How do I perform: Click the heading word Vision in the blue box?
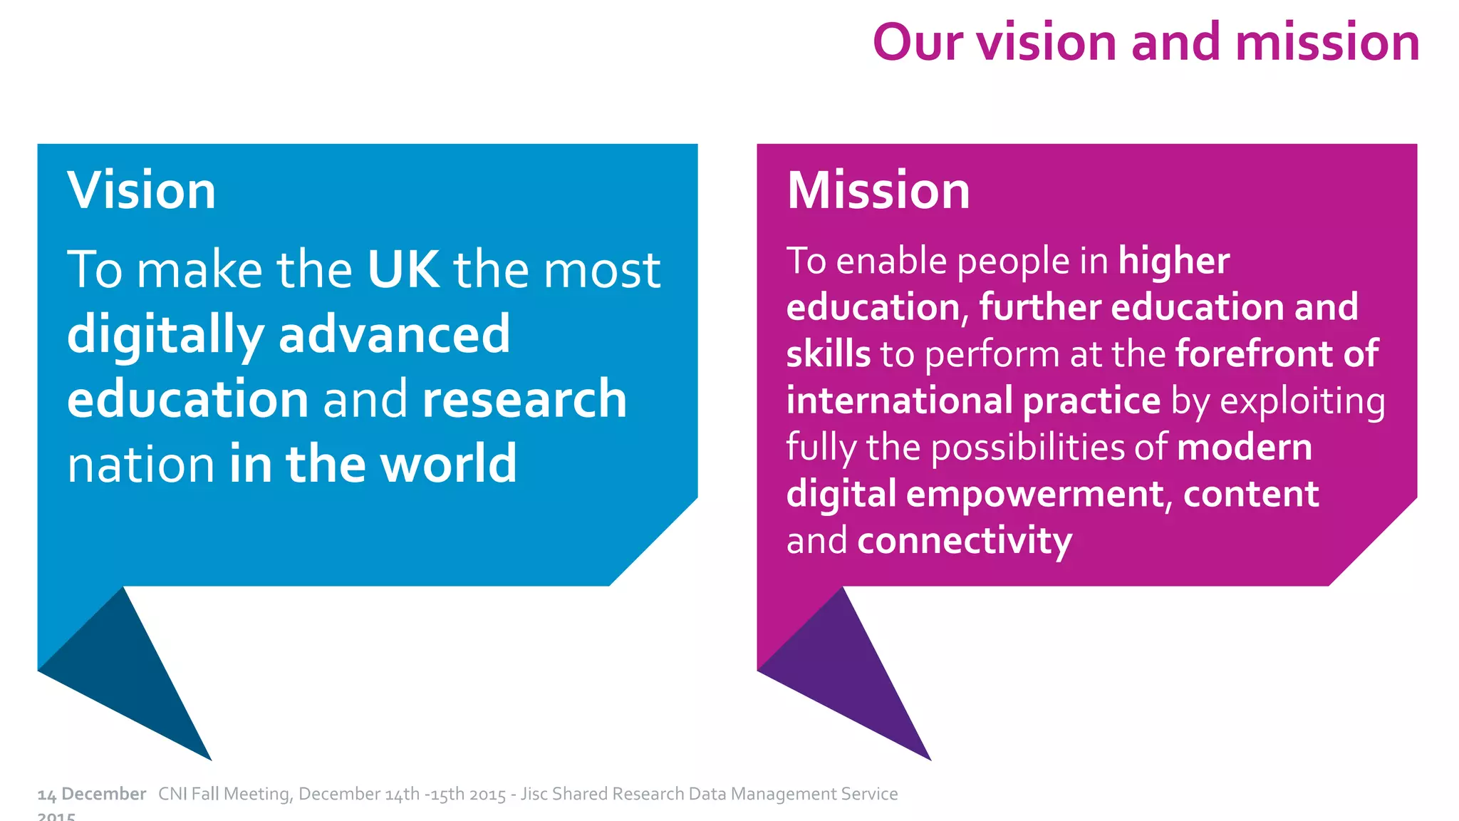pyautogui.click(x=141, y=191)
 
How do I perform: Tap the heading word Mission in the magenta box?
pyautogui.click(x=878, y=191)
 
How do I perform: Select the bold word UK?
pyautogui.click(x=403, y=269)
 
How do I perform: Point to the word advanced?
pyautogui.click(x=395, y=334)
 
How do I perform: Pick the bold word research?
pyautogui.click(x=524, y=399)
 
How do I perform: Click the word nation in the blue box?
pyautogui.click(x=141, y=465)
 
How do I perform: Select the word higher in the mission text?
pyautogui.click(x=1174, y=261)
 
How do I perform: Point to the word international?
pyautogui.click(x=898, y=401)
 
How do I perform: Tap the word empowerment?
pyautogui.click(x=1035, y=494)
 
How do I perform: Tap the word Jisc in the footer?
pyautogui.click(x=534, y=794)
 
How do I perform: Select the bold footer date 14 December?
pyautogui.click(x=91, y=794)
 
